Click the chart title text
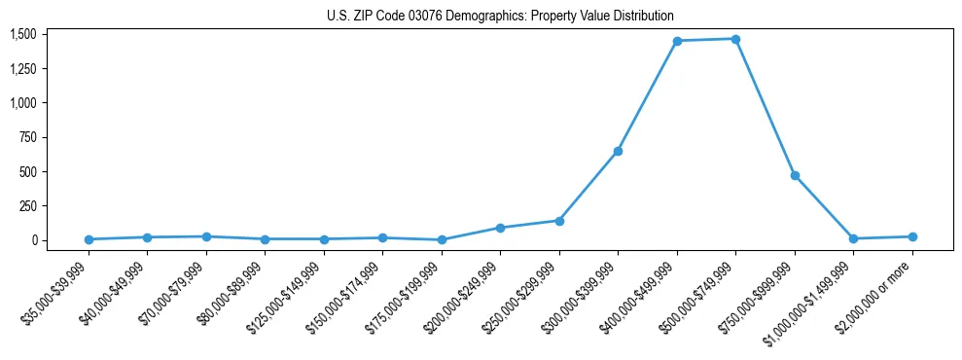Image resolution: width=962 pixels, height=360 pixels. pos(499,17)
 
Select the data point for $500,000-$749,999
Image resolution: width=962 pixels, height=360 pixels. pos(735,39)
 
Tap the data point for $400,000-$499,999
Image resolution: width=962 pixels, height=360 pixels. pos(677,41)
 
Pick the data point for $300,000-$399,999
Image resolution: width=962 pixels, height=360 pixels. pos(618,151)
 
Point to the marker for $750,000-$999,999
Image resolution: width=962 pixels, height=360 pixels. pos(795,175)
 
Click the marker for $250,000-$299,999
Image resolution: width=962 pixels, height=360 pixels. pos(559,221)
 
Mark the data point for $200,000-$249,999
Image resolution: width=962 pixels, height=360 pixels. pos(500,228)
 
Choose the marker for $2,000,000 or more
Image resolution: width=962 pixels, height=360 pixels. pos(912,236)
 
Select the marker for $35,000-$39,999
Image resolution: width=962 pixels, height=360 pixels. pos(89,239)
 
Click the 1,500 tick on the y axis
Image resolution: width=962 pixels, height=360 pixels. pos(22,34)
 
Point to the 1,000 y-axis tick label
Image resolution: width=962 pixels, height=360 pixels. pos(22,103)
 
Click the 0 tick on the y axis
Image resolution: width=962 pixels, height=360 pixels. pos(33,240)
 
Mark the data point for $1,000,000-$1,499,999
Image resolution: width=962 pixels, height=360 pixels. pos(853,238)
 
